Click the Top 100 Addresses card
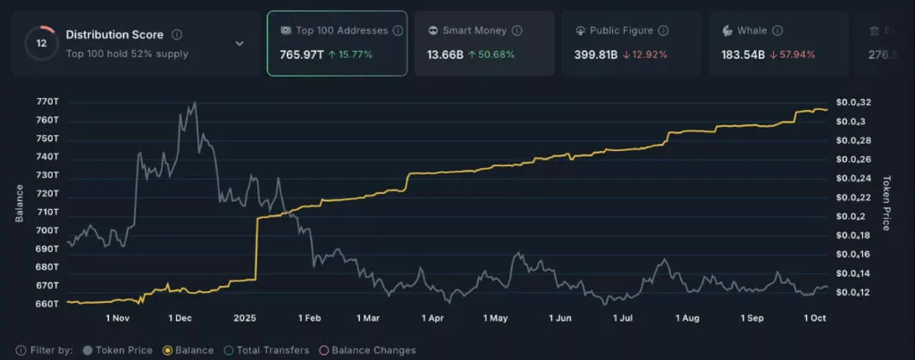coord(337,43)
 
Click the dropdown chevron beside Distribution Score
coord(239,43)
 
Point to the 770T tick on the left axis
coord(47,103)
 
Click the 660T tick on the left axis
coord(47,304)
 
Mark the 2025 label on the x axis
coord(245,318)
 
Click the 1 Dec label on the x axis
coord(180,318)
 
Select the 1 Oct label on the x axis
coord(815,318)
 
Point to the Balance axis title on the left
coord(19,203)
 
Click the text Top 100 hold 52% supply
coord(127,54)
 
